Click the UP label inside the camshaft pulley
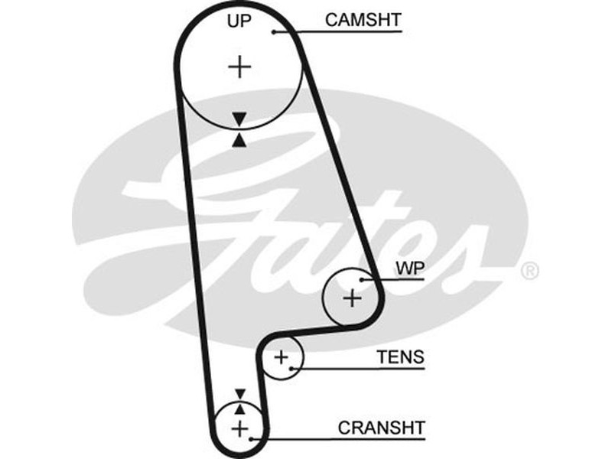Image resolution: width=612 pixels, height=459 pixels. tap(239, 21)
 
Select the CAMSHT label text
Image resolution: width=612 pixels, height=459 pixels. tap(363, 21)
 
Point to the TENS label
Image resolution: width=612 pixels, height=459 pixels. tap(400, 356)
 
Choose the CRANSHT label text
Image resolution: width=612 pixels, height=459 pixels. tap(381, 427)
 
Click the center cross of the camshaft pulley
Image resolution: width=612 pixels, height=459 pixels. tap(239, 67)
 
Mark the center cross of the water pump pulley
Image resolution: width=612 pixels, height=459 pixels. tap(351, 298)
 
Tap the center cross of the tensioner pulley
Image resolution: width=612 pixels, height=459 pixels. tap(282, 356)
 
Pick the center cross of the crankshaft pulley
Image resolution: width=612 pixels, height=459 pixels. tap(240, 428)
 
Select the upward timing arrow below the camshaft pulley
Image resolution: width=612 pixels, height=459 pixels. tap(240, 139)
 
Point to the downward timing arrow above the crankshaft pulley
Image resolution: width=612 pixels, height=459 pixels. tap(240, 393)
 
